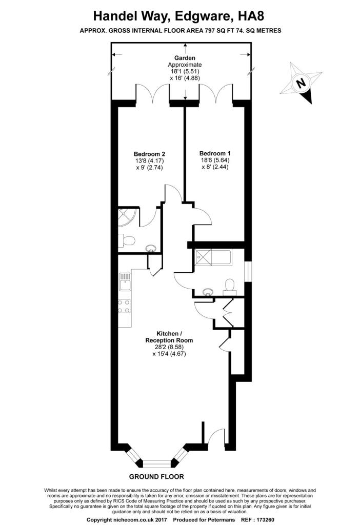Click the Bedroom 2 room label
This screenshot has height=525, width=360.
coord(149,154)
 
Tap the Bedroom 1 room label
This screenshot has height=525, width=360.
coord(215,153)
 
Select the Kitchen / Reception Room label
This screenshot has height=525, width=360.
coord(169,337)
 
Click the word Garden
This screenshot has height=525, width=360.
coord(185,58)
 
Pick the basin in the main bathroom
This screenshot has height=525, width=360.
coord(208,292)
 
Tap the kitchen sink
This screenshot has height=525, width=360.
coord(125,281)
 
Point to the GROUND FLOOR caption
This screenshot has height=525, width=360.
coord(156,476)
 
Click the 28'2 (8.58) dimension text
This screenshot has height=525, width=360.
coord(169,347)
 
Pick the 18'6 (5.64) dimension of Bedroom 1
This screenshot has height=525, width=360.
coord(215,160)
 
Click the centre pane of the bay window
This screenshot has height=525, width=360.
coord(157,463)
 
